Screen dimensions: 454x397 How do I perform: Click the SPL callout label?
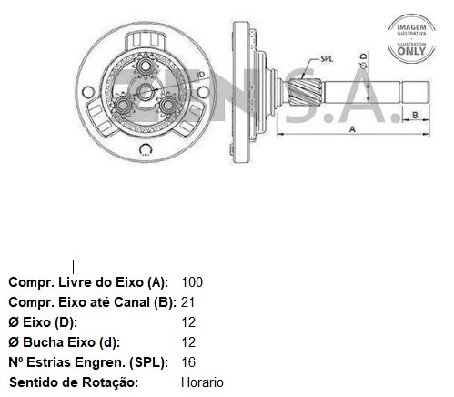tap(327, 59)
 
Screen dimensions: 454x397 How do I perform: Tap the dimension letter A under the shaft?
tap(352, 129)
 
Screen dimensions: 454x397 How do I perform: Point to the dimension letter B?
tap(415, 115)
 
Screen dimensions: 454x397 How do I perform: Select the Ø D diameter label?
tap(363, 61)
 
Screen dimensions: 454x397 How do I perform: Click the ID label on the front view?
tap(201, 75)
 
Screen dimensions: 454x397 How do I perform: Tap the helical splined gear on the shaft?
tap(305, 91)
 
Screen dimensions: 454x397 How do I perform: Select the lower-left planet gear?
tap(123, 106)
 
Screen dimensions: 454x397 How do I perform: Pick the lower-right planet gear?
tap(167, 106)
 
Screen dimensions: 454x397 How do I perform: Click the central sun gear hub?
tap(145, 91)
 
